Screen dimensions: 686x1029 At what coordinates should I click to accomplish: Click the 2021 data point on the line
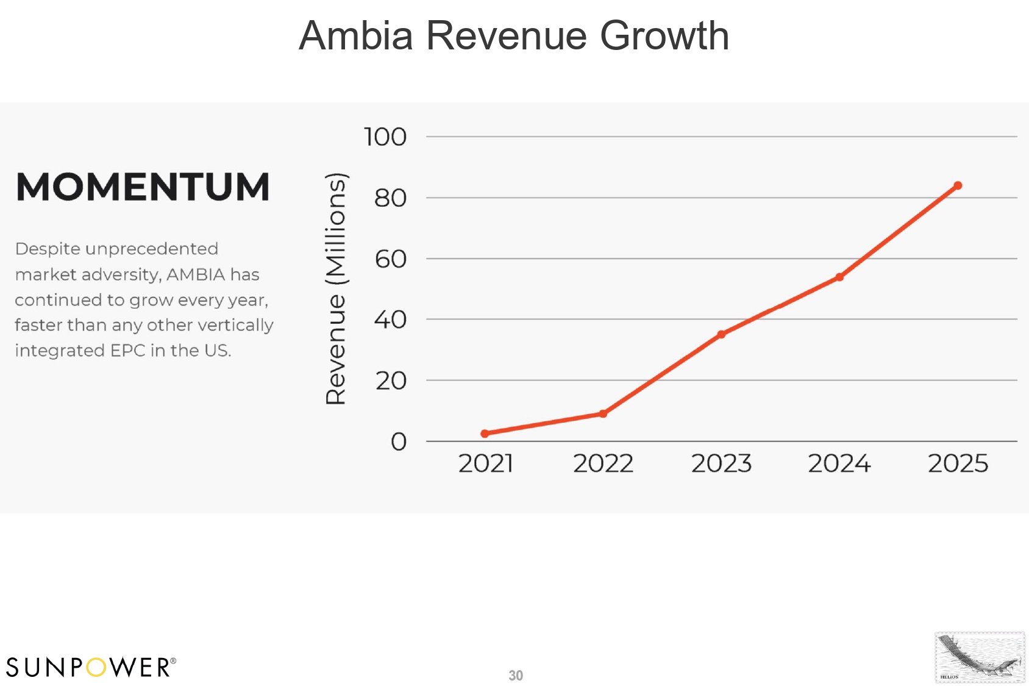[485, 434]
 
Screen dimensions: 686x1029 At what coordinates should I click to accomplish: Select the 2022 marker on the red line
[603, 413]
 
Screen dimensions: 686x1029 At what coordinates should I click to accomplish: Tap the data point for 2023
[721, 334]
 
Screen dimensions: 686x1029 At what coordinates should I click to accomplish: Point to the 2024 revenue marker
[839, 277]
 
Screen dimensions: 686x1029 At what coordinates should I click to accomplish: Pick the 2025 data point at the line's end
[958, 185]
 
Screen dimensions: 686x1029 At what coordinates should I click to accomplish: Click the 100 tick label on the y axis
[385, 137]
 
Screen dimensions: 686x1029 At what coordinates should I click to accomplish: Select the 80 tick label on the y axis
[390, 198]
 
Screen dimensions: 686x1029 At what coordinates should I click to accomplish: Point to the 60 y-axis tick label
[390, 259]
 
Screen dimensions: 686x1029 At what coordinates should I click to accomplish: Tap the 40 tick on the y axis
[390, 320]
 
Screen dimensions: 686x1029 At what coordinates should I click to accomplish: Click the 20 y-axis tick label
[390, 381]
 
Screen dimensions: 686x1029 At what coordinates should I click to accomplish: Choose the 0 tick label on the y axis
[399, 441]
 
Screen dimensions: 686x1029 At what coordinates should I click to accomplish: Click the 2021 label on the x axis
[485, 464]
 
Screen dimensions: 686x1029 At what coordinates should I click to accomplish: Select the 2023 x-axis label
[721, 464]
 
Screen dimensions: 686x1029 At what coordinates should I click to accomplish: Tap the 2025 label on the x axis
[958, 464]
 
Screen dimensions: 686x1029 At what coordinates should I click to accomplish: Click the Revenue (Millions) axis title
[336, 289]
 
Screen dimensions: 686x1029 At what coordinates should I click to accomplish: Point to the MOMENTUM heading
[143, 187]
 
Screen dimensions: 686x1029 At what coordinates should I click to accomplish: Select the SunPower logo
[91, 667]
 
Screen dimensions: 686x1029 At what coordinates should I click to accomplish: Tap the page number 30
[516, 676]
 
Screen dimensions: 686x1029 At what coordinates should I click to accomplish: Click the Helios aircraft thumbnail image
[980, 657]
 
